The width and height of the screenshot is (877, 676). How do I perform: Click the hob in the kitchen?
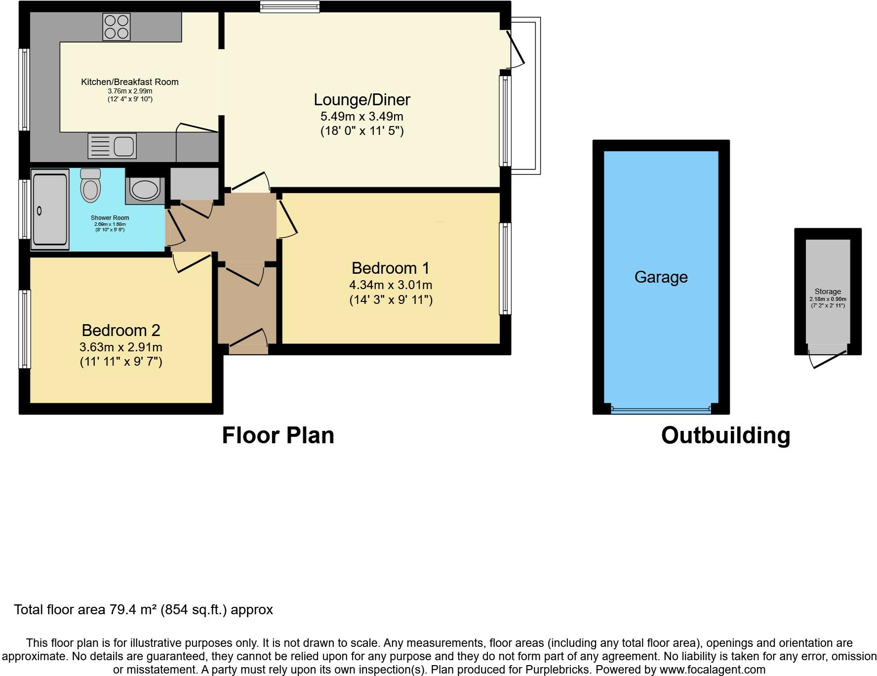point(117,26)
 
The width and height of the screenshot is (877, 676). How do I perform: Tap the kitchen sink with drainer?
point(112,146)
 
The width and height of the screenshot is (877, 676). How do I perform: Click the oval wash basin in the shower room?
point(144,190)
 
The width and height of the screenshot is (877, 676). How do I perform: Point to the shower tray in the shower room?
point(50,210)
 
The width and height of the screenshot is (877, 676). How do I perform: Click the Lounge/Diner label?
point(362,100)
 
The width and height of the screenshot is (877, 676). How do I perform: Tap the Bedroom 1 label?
point(391,268)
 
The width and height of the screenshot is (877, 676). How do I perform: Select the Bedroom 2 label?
point(121,330)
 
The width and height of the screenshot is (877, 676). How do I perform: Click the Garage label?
point(661,277)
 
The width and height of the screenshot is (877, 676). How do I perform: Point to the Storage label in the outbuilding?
point(828,292)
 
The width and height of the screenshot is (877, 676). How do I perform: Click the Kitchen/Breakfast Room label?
point(130,82)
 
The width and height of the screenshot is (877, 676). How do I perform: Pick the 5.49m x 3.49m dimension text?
point(362,117)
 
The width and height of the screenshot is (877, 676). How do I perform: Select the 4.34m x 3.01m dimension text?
point(391,285)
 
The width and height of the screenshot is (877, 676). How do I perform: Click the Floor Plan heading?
point(278,435)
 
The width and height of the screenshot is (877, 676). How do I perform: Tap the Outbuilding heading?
point(725,436)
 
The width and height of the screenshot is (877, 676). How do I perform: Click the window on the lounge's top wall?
point(290,6)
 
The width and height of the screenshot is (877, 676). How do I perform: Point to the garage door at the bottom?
point(661,409)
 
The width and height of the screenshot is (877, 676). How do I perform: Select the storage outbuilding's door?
point(828,360)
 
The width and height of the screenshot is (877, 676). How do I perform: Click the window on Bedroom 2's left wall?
point(25,329)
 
